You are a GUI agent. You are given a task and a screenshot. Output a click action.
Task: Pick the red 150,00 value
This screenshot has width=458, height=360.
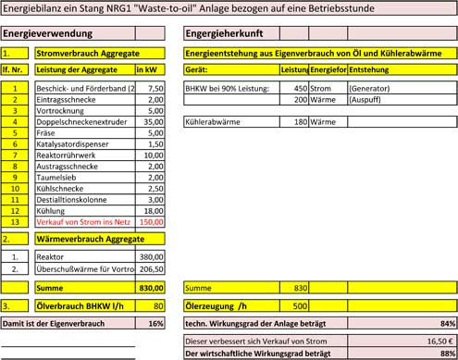[151, 222]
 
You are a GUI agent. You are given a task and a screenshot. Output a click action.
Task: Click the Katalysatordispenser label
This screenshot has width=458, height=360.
[68, 143]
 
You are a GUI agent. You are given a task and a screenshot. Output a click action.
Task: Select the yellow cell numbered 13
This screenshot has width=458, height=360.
[16, 222]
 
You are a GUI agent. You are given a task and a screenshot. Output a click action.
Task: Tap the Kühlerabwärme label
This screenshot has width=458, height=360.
[214, 121]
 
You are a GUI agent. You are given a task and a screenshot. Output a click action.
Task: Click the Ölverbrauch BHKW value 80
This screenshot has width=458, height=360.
[157, 304]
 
